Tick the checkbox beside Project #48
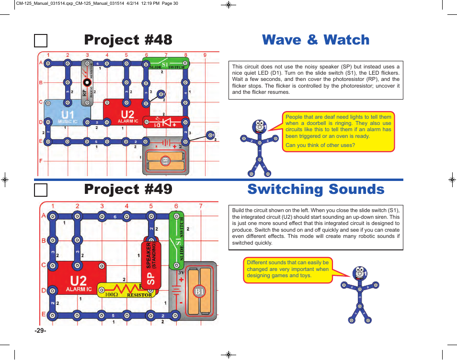(x=41, y=41)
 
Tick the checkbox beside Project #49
(x=41, y=190)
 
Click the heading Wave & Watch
(x=316, y=40)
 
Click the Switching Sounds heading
(x=316, y=190)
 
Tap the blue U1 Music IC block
(x=67, y=115)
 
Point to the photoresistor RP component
(x=87, y=82)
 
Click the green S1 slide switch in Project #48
(x=166, y=64)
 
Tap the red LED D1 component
(x=166, y=122)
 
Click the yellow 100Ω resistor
(x=126, y=290)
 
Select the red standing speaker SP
(x=151, y=263)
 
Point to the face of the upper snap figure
(x=259, y=126)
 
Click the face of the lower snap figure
(x=359, y=273)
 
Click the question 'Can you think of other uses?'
(x=320, y=145)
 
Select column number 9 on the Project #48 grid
(x=205, y=55)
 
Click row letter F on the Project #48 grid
(x=41, y=161)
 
